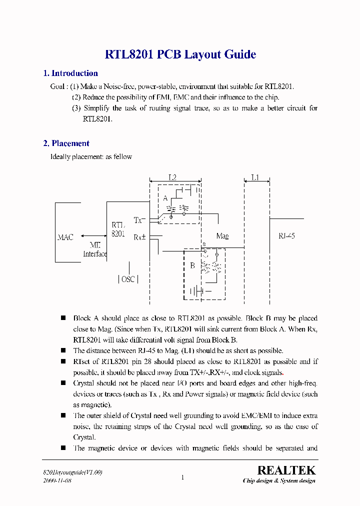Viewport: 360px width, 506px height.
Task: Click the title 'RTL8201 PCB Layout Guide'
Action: pyautogui.click(x=180, y=54)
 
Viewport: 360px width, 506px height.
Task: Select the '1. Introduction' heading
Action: pyautogui.click(x=70, y=73)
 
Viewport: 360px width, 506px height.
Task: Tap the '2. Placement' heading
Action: pyautogui.click(x=66, y=143)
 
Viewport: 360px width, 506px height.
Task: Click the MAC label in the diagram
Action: pyautogui.click(x=65, y=237)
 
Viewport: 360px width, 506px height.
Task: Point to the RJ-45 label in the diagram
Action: pyautogui.click(x=286, y=235)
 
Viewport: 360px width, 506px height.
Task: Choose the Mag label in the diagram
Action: pyautogui.click(x=222, y=235)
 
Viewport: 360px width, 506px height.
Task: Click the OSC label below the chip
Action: pyautogui.click(x=128, y=279)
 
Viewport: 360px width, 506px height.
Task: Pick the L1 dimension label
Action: pyautogui.click(x=255, y=177)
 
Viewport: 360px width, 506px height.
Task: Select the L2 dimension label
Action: pyautogui.click(x=172, y=177)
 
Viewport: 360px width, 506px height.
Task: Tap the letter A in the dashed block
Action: pyautogui.click(x=165, y=198)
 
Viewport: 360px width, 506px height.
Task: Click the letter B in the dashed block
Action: pyautogui.click(x=192, y=265)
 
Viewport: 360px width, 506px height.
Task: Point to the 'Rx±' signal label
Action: pyautogui.click(x=139, y=237)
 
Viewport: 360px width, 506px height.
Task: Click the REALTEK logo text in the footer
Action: pyautogui.click(x=286, y=470)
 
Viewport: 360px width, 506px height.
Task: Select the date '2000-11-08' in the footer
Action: pyautogui.click(x=57, y=480)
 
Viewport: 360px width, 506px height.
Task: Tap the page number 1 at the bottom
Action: pyautogui.click(x=182, y=477)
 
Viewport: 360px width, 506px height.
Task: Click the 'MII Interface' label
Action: pyautogui.click(x=95, y=249)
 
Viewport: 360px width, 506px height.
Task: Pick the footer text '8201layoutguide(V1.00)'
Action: pyautogui.click(x=72, y=472)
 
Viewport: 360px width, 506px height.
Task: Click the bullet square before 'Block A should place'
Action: pyautogui.click(x=63, y=318)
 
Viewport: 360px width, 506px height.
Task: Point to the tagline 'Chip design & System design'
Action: pyautogui.click(x=279, y=481)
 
